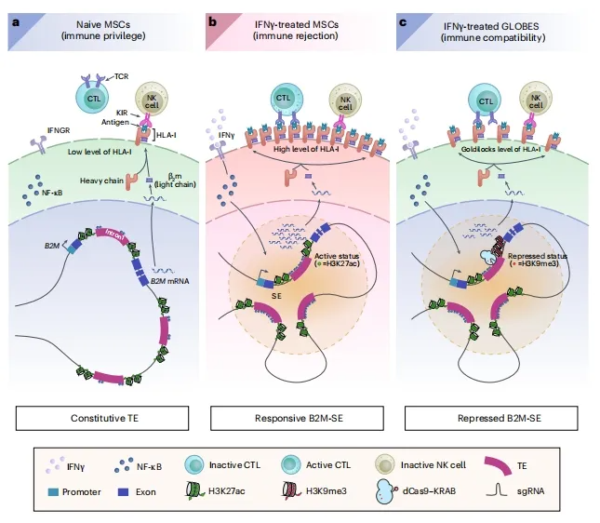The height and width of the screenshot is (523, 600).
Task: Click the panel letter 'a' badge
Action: tap(15, 20)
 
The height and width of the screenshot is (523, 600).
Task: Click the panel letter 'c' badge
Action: tap(404, 20)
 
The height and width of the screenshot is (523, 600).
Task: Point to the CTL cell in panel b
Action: tap(285, 101)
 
